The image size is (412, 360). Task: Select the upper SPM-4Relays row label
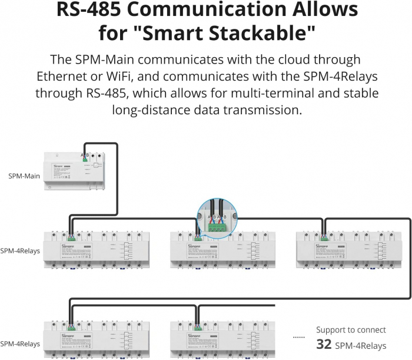tap(21, 250)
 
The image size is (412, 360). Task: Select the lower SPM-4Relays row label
tap(21, 344)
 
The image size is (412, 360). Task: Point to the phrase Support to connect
tap(351, 330)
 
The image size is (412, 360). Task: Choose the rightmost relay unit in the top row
tap(344, 250)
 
